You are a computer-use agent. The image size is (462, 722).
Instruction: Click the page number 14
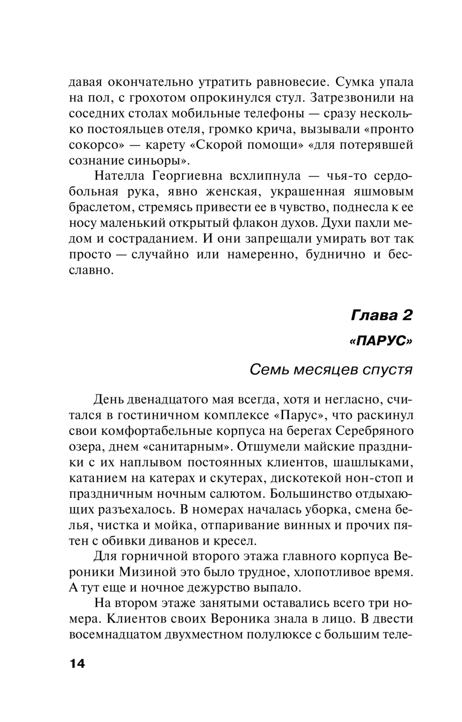pyautogui.click(x=77, y=664)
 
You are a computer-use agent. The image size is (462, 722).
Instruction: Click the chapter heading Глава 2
pyautogui.click(x=382, y=316)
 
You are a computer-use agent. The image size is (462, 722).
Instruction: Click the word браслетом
pyautogui.click(x=98, y=208)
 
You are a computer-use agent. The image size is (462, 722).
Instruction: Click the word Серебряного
pyautogui.click(x=374, y=431)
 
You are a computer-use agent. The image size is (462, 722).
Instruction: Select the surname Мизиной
pyautogui.click(x=150, y=572)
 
